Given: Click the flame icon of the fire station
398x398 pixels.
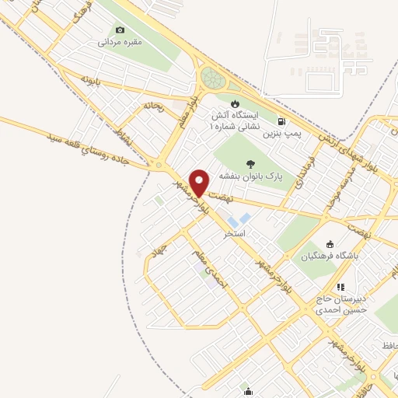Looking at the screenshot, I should [x=235, y=103].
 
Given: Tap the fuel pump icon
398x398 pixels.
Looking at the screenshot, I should [x=281, y=121].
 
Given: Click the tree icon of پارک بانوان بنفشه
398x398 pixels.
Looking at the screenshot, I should [x=250, y=163].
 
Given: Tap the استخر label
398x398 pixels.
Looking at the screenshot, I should [x=235, y=233].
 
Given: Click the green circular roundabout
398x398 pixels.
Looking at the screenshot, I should [x=211, y=78].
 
